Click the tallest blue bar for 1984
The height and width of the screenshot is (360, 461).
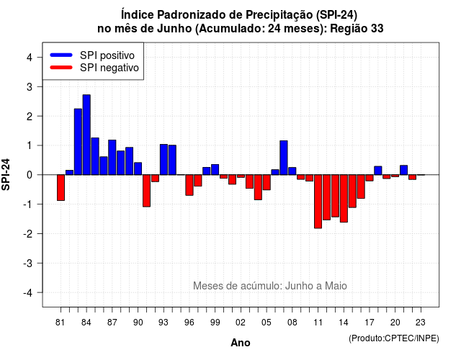pyautogui.click(x=86, y=135)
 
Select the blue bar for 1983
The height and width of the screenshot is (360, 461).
pyautogui.click(x=78, y=142)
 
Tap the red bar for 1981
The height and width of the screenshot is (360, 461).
pyautogui.click(x=61, y=187)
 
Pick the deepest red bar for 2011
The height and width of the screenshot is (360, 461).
pyautogui.click(x=318, y=202)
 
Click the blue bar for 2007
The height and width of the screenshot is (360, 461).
pyautogui.click(x=284, y=158)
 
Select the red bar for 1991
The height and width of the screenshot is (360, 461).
pyautogui.click(x=146, y=191)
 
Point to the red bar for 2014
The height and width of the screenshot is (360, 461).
pyautogui.click(x=344, y=199)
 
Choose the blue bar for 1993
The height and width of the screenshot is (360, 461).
pyautogui.click(x=164, y=160)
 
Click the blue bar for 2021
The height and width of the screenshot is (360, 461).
pyautogui.click(x=403, y=170)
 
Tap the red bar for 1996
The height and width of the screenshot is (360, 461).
pyautogui.click(x=189, y=185)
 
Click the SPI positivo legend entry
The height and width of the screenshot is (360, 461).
pyautogui.click(x=92, y=55)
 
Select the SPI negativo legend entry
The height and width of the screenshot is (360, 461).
pyautogui.click(x=94, y=68)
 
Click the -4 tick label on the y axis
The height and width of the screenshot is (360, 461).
pyautogui.click(x=28, y=293)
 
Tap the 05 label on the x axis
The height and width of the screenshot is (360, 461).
pyautogui.click(x=267, y=323)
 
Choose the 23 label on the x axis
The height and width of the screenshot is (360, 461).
pyautogui.click(x=421, y=323)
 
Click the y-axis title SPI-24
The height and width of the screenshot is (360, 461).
pyautogui.click(x=6, y=174)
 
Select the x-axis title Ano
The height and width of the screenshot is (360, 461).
pyautogui.click(x=241, y=343)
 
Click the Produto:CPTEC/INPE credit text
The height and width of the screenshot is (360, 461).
pyautogui.click(x=394, y=338)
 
